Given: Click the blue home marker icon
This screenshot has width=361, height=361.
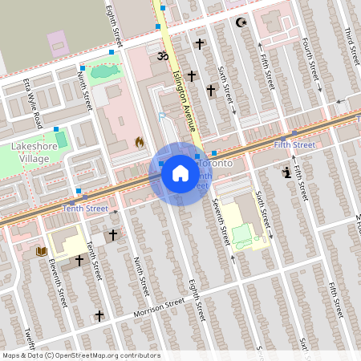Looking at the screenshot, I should (180, 173).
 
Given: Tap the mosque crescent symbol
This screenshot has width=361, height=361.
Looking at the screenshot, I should (239, 22).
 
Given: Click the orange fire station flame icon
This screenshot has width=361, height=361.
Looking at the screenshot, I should (140, 142).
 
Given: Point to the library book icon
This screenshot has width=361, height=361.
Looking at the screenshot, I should (42, 252).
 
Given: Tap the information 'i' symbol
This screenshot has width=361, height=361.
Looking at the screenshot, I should (286, 171).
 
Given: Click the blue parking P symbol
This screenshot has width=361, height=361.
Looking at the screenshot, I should (161, 117).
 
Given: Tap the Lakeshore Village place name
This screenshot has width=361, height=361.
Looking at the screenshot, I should (30, 152).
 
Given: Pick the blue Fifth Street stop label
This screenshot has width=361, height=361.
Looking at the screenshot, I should (294, 144).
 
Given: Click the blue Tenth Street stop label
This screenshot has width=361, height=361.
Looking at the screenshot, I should (85, 209).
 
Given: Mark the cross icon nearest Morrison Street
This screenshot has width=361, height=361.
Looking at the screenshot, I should (99, 315).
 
